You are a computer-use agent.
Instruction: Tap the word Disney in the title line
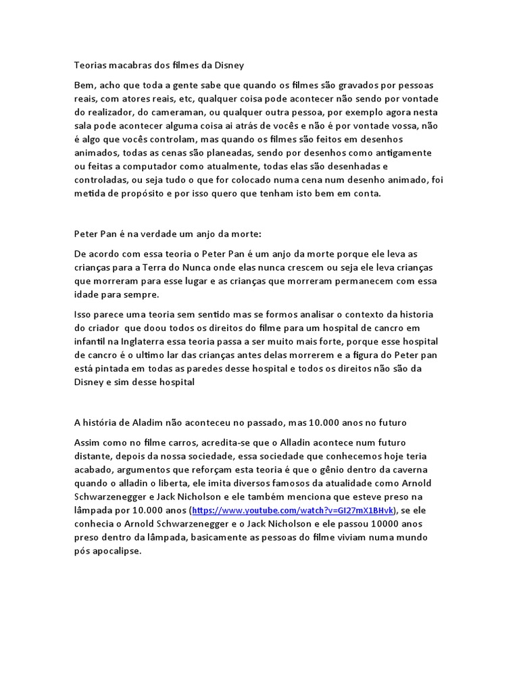(x=227, y=66)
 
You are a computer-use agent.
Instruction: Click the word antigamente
(x=403, y=153)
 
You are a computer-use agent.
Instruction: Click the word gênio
(x=345, y=469)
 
